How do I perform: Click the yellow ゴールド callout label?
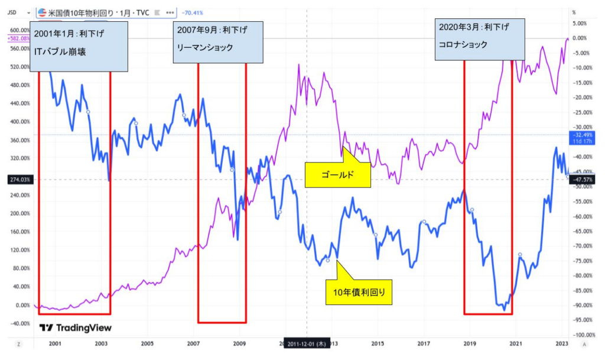pos(337,175)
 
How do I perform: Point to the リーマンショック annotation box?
pos(217,41)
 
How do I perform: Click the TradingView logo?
pos(76,328)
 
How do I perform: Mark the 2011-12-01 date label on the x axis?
pos(306,343)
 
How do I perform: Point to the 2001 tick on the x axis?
pos(54,343)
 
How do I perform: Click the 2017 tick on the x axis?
pos(423,343)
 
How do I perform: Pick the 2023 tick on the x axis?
pos(562,343)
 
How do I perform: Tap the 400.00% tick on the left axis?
pos(19,122)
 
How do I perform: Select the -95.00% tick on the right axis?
pos(582,320)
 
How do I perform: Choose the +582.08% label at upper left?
pos(18,38)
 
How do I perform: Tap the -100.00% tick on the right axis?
pos(582,335)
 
